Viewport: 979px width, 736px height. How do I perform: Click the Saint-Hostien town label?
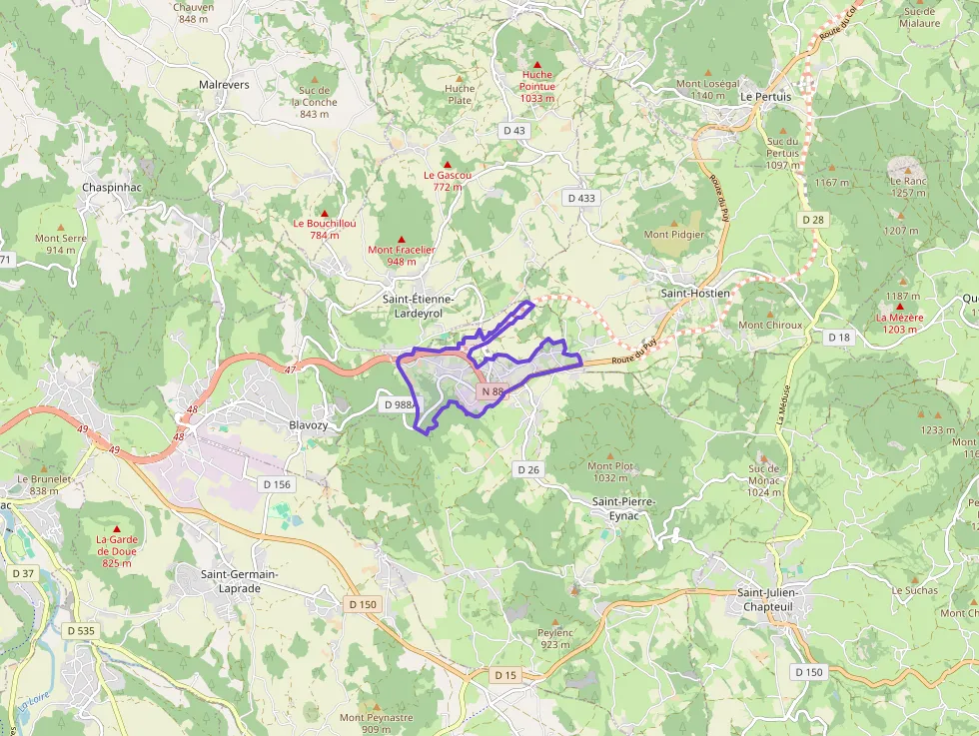(x=695, y=294)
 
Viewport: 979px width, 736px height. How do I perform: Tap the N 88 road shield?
(x=490, y=391)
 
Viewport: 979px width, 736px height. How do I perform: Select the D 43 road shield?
(x=513, y=130)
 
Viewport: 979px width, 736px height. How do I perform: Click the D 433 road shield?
(x=581, y=198)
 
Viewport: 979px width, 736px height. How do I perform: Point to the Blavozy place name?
(x=308, y=425)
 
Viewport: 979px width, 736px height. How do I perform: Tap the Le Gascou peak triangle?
(x=448, y=164)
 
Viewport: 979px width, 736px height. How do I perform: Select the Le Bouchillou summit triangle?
(x=324, y=213)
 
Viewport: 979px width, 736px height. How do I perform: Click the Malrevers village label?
(x=224, y=85)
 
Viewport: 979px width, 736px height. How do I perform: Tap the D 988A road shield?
(x=399, y=404)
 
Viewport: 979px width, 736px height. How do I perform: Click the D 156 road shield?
(x=277, y=484)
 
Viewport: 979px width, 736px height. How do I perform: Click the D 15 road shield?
(x=506, y=676)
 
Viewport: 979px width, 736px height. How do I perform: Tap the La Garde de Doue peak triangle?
(x=117, y=529)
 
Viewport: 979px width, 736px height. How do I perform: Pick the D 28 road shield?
(x=812, y=220)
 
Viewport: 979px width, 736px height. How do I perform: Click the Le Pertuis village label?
(x=765, y=97)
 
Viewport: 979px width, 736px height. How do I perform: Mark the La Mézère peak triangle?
(x=900, y=307)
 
